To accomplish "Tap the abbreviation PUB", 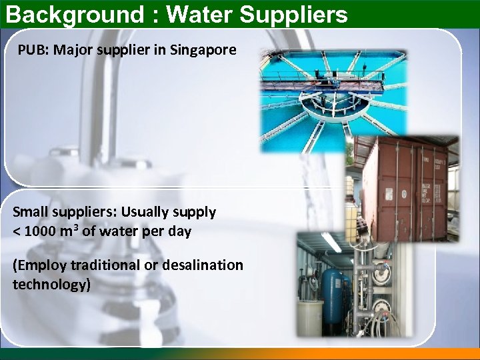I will [31, 50].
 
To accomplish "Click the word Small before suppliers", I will [31, 212].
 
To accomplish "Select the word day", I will [179, 232].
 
